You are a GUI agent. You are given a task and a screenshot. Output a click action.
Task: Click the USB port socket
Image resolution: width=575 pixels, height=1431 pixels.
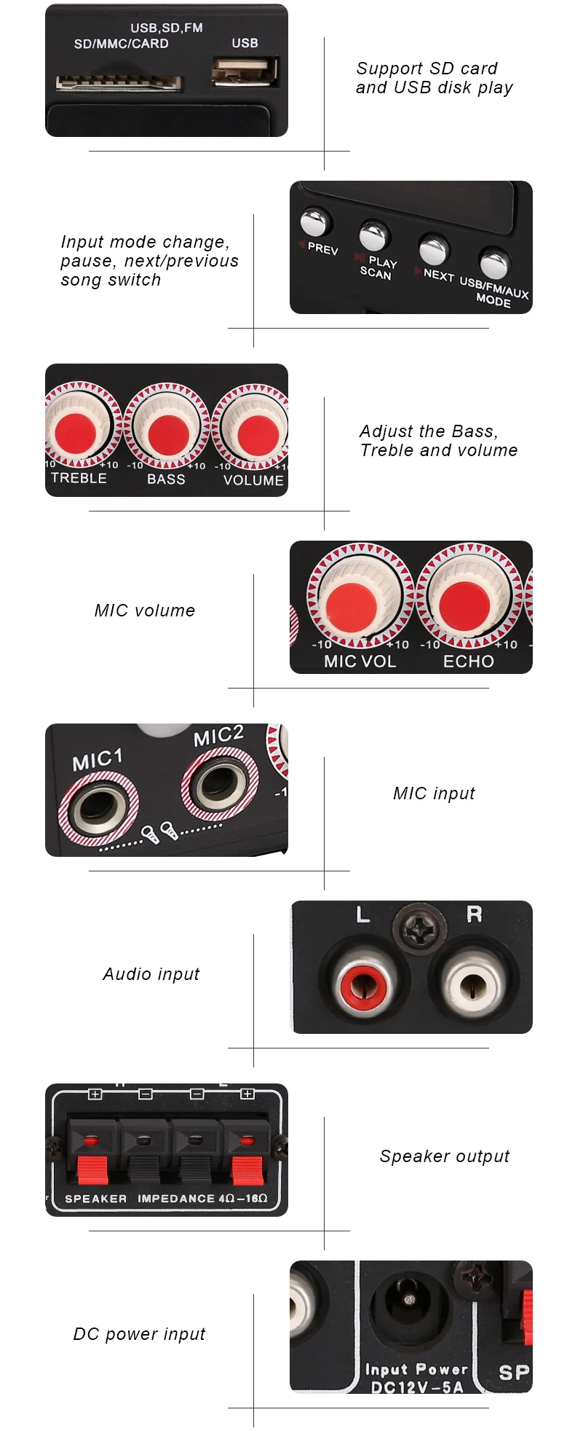pyautogui.click(x=245, y=71)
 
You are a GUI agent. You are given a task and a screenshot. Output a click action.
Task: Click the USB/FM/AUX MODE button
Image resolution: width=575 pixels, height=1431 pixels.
pyautogui.click(x=494, y=262)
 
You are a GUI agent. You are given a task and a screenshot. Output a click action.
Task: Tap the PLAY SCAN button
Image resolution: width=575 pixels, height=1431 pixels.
pyautogui.click(x=374, y=235)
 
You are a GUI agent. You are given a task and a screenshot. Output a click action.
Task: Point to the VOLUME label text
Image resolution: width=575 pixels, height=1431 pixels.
pyautogui.click(x=253, y=480)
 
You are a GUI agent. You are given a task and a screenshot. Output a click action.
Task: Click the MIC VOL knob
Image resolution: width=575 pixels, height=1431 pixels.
pyautogui.click(x=360, y=595)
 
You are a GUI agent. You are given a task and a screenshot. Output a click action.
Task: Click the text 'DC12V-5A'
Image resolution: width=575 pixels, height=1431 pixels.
pyautogui.click(x=417, y=1387)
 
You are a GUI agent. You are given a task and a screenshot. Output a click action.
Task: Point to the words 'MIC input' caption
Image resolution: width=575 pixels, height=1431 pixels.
pyautogui.click(x=434, y=794)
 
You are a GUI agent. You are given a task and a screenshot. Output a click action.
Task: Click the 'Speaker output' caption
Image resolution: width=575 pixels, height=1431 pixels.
pyautogui.click(x=445, y=1157)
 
